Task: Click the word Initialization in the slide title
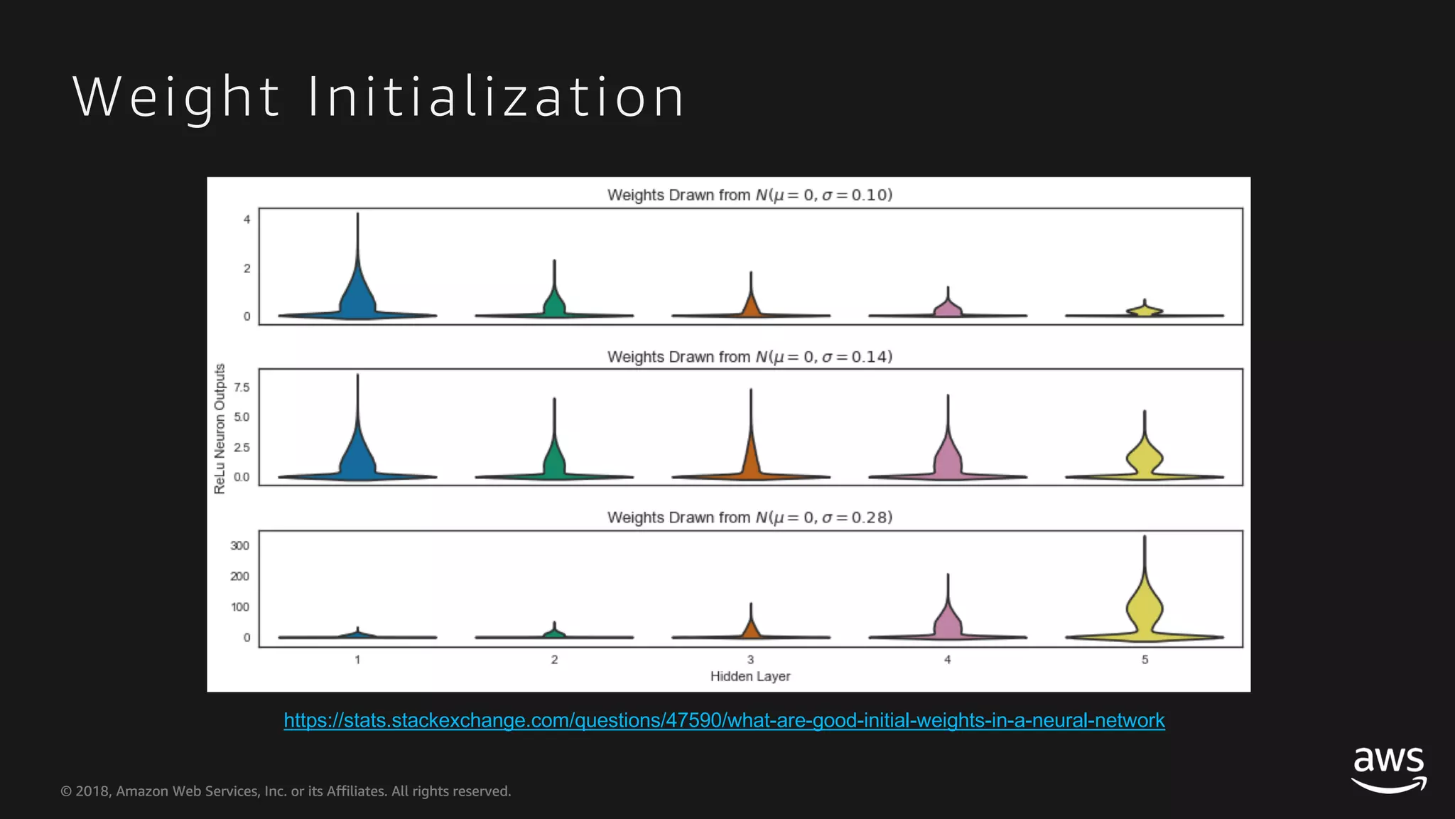click(x=496, y=97)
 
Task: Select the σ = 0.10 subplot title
click(x=750, y=195)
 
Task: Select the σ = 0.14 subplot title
click(x=750, y=357)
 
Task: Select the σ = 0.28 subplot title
click(x=750, y=518)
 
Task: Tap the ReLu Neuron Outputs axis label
click(x=220, y=429)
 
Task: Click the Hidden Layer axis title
click(x=750, y=676)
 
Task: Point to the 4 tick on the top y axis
click(x=247, y=220)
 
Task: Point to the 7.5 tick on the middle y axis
click(x=242, y=387)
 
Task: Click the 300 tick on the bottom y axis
click(x=239, y=546)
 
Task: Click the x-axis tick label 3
click(x=750, y=660)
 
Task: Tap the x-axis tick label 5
click(x=1145, y=660)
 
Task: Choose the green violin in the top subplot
click(x=554, y=302)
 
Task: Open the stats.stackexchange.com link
click(x=724, y=720)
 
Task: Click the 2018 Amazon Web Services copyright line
click(x=286, y=791)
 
